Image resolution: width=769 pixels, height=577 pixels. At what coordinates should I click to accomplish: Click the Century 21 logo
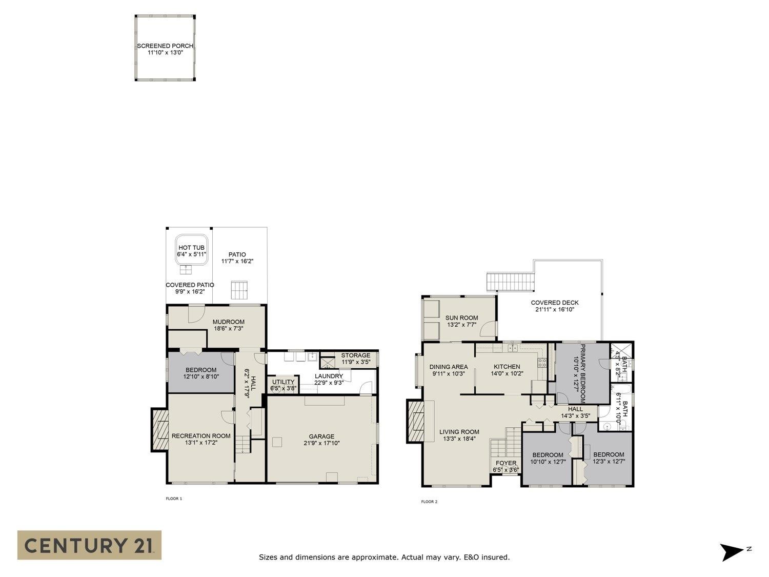[89, 545]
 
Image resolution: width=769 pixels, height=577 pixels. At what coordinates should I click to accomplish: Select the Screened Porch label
[165, 46]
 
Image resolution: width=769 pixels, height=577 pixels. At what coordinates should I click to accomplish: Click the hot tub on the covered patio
[191, 250]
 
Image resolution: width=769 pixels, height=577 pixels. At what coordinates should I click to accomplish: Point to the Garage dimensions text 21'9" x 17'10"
[321, 443]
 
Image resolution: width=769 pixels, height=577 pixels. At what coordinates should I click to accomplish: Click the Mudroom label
[229, 322]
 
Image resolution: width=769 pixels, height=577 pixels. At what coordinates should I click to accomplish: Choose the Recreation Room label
[201, 436]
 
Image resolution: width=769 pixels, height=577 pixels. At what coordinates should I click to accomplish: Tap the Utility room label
[283, 382]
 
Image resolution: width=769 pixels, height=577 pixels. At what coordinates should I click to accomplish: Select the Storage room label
[355, 355]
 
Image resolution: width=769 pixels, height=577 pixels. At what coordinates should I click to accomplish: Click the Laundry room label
[329, 376]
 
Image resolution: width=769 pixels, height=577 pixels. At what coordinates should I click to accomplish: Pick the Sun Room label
[461, 318]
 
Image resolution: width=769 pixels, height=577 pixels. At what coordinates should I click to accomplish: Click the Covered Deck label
[555, 303]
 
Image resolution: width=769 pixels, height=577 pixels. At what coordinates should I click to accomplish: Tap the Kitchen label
[507, 367]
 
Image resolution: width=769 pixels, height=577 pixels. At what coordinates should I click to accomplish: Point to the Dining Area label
[449, 367]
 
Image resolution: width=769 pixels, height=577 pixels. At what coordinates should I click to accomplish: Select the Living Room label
[459, 432]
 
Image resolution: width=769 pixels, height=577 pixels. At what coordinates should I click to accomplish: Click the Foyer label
[506, 463]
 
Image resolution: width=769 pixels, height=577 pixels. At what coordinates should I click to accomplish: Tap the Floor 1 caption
[174, 499]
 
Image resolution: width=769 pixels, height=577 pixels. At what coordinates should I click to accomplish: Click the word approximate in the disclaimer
[375, 557]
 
